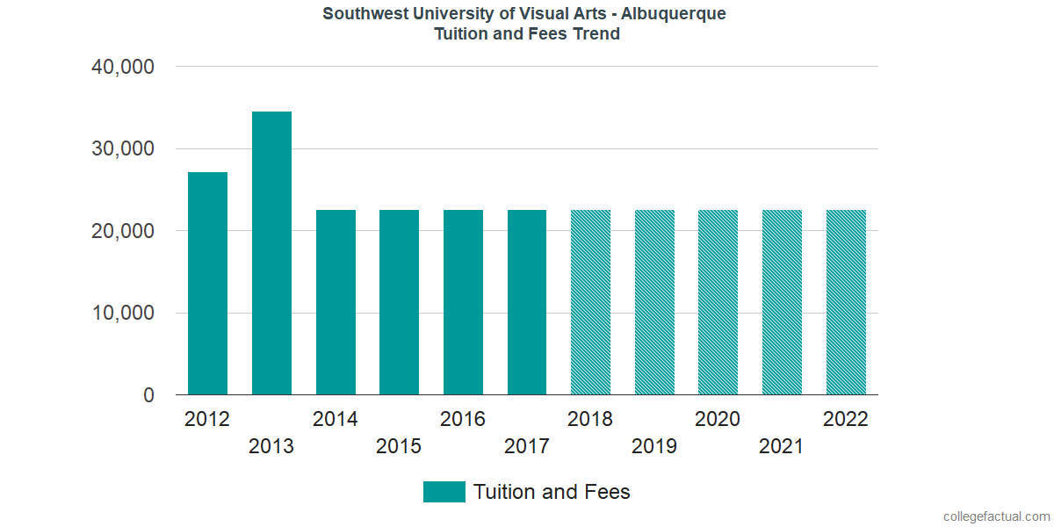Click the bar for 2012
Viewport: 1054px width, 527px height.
[x=207, y=284]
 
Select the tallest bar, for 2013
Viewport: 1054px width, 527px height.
[x=271, y=253]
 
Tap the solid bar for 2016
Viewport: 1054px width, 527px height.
[x=463, y=303]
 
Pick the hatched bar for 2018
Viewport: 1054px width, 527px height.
[x=590, y=303]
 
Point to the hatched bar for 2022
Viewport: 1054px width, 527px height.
[x=846, y=303]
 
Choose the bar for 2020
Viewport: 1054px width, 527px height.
[x=718, y=303]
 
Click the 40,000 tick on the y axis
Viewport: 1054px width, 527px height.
[x=123, y=67]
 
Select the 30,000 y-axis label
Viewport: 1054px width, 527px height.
[x=123, y=149]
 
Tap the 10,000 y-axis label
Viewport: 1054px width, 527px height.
[x=123, y=314]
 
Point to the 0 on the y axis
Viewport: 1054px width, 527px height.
[x=148, y=396]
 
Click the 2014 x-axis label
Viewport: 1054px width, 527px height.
[x=335, y=419]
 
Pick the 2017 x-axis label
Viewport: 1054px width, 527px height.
[x=526, y=447]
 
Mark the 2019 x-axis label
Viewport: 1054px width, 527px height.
[x=654, y=447]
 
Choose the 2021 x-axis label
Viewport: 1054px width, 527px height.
[x=782, y=447]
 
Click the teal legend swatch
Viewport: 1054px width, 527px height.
[x=444, y=492]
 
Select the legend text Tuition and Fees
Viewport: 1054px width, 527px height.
[x=552, y=492]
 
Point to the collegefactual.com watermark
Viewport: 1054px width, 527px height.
[x=995, y=516]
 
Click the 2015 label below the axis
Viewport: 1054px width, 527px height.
[x=399, y=447]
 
